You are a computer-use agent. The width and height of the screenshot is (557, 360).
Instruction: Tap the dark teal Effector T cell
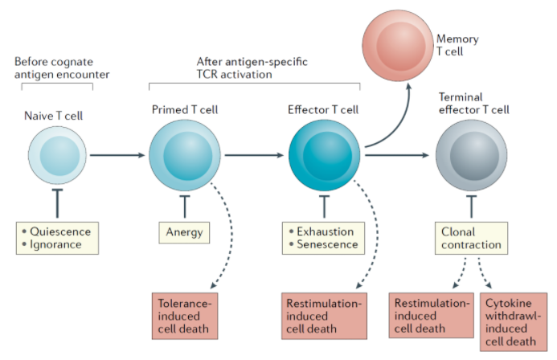(x=324, y=155)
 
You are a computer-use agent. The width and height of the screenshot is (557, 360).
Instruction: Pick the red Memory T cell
(x=396, y=38)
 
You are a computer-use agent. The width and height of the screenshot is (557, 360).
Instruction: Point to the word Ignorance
(x=58, y=243)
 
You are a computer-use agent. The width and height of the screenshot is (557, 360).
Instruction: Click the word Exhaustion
(x=325, y=231)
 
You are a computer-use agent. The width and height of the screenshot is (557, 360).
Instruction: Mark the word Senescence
(x=326, y=243)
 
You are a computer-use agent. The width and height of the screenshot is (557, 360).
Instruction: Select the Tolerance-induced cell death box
(x=185, y=315)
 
